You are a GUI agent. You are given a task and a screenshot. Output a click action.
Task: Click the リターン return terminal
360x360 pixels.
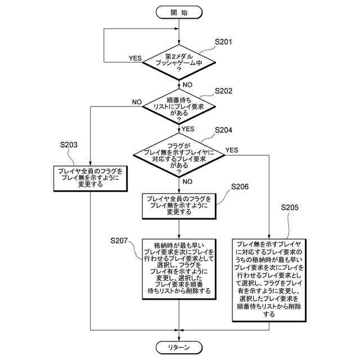tap(179, 347)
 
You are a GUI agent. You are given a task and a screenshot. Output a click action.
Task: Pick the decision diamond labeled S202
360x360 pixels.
tap(179, 107)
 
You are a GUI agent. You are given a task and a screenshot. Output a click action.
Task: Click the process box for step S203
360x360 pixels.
tap(91, 177)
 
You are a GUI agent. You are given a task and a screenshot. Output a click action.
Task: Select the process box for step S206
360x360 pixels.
tap(179, 206)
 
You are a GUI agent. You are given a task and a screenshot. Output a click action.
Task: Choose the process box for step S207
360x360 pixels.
tap(179, 268)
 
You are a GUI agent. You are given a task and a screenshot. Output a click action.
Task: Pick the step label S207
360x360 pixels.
tap(120, 241)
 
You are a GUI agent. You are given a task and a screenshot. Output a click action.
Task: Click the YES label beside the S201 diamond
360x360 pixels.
tap(136, 57)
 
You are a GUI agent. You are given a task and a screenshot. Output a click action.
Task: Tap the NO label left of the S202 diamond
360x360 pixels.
tap(136, 102)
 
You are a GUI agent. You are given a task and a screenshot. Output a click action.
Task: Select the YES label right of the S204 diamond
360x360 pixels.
tap(231, 150)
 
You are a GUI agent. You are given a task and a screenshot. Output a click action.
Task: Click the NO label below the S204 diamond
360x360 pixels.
tap(187, 181)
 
